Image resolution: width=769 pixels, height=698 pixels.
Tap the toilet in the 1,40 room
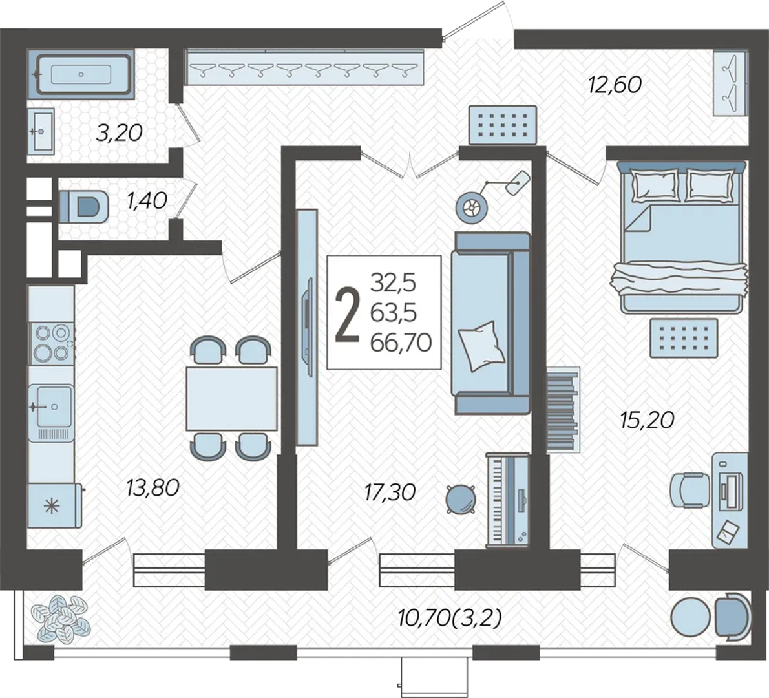[83, 207]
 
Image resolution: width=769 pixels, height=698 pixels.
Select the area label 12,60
[615, 85]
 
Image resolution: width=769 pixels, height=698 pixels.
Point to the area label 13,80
[153, 487]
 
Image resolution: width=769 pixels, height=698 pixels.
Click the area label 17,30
[390, 491]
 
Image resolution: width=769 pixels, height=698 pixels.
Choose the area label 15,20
[648, 420]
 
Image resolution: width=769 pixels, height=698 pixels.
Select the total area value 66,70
[401, 343]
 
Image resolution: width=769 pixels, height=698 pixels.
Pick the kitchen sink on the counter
[51, 406]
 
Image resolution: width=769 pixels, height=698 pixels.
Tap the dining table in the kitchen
[231, 399]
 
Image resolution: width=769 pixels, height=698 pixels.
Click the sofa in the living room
[491, 323]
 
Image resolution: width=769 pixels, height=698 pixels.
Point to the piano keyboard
[507, 500]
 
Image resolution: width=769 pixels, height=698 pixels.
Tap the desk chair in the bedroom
[690, 489]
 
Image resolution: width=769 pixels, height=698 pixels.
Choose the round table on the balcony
[691, 619]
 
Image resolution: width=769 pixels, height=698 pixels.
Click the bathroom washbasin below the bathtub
[41, 131]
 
